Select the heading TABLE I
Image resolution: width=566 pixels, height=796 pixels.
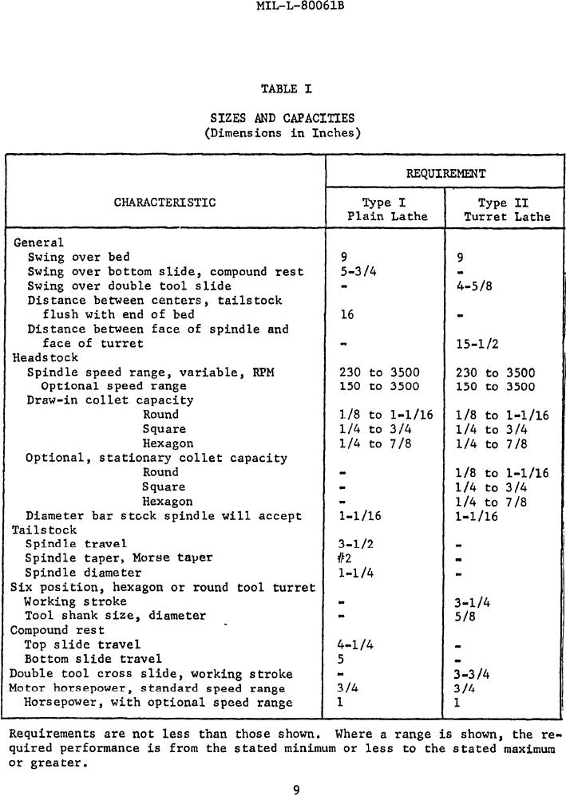click(279, 89)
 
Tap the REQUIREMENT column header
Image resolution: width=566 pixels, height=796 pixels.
click(445, 173)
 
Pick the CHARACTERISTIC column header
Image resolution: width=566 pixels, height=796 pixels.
click(164, 202)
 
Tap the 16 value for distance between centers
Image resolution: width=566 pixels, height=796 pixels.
click(346, 315)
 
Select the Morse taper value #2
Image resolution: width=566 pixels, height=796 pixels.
click(346, 558)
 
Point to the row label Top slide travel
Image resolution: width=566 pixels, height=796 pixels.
click(82, 644)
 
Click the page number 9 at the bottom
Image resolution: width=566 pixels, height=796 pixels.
click(296, 790)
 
